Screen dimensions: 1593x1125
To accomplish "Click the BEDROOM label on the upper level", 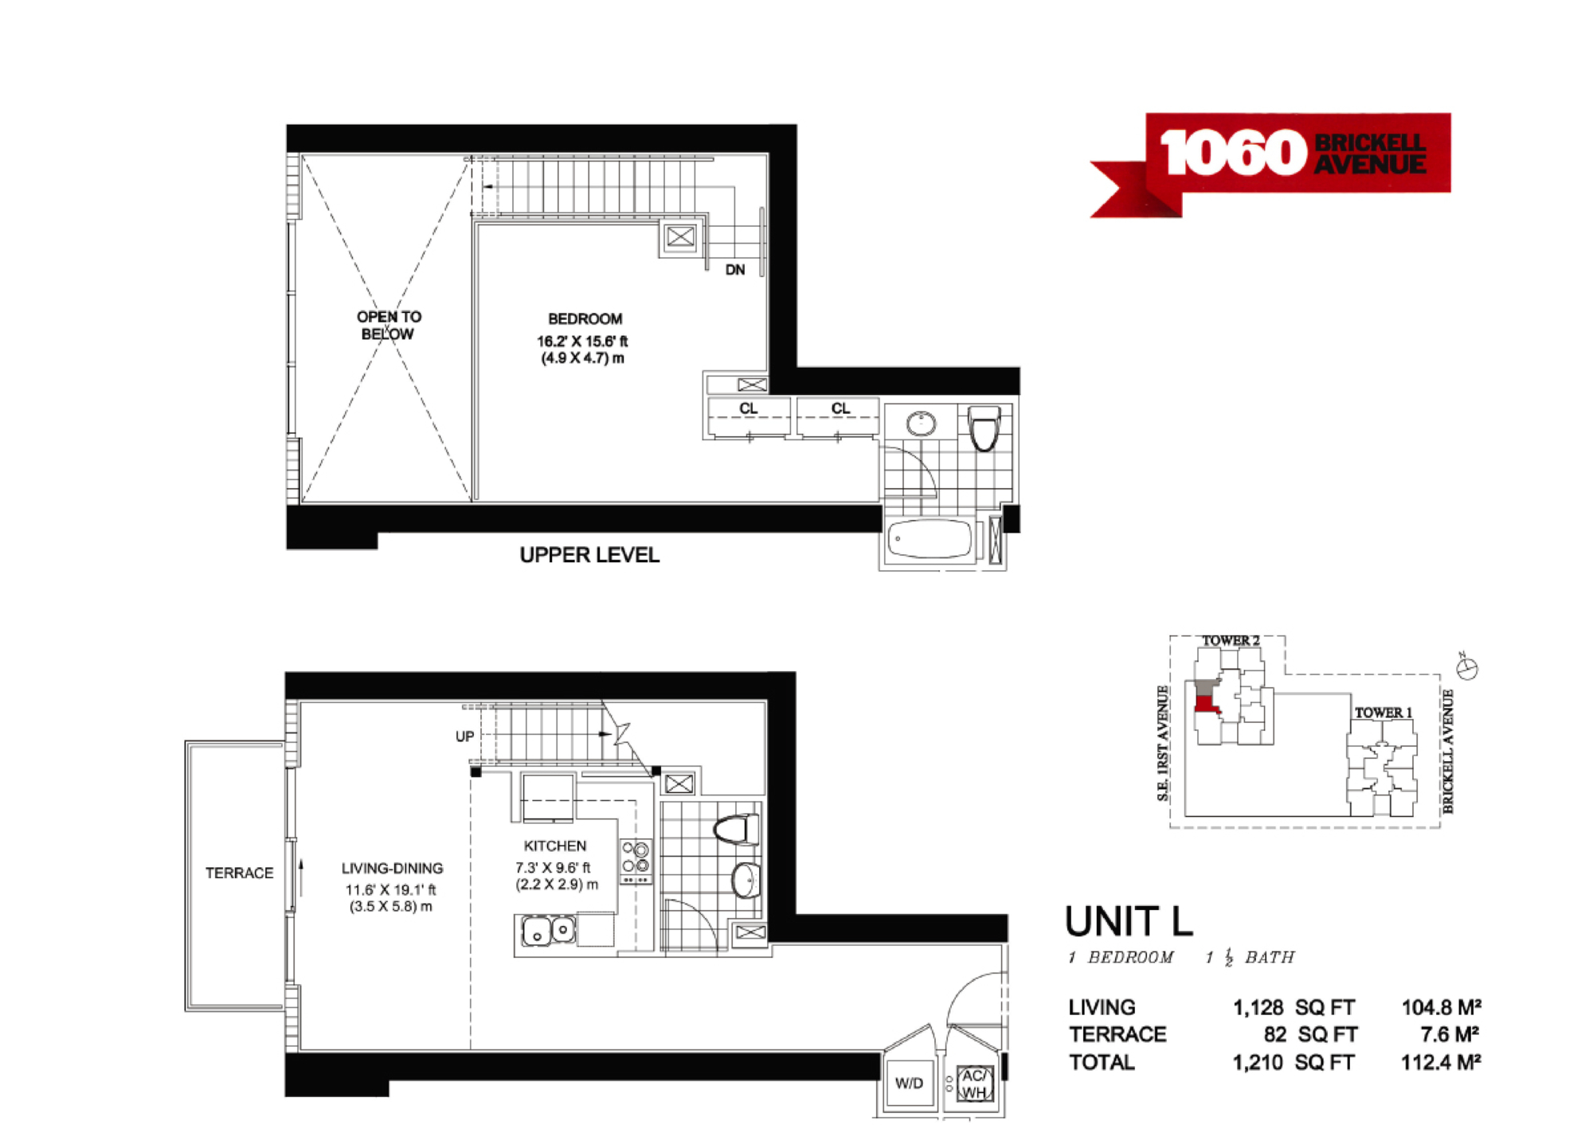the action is tap(585, 319).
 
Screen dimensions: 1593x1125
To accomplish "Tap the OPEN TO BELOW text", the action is tap(389, 325).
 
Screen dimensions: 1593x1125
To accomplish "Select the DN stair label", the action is tap(735, 270).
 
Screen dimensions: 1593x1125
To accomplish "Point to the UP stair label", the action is tap(465, 736).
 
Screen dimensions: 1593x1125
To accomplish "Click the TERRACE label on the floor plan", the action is tap(239, 873).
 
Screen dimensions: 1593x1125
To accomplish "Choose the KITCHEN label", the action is tap(555, 846).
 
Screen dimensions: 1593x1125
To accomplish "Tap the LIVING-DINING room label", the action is tap(392, 868).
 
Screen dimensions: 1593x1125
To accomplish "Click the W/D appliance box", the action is tap(909, 1083).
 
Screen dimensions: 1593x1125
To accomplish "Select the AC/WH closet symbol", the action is tap(974, 1084).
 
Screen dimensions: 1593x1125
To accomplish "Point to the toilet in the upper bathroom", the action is tap(984, 428).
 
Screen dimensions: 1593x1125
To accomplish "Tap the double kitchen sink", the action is tap(548, 931).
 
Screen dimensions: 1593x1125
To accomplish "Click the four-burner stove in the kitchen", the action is tap(636, 861).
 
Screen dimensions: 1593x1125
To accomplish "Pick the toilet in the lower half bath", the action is tap(737, 829).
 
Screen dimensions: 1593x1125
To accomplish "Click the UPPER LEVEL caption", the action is tap(589, 555).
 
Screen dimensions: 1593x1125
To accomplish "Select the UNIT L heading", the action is tap(1129, 921).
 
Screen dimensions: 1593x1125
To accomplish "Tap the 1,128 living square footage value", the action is tap(1258, 1008).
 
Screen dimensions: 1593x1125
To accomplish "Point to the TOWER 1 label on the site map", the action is tap(1384, 713).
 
